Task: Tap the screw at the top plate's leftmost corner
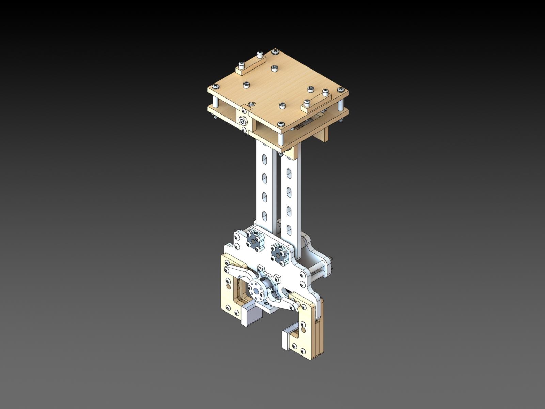215,86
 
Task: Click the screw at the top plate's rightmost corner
340,90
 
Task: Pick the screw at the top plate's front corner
280,124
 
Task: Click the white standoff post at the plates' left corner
216,101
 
